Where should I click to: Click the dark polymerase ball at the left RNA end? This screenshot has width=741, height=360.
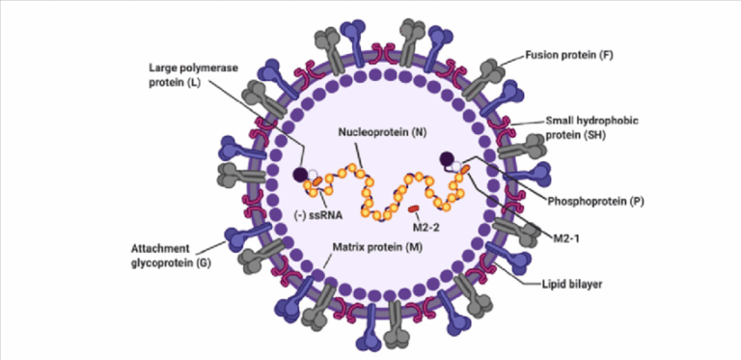coord(299,174)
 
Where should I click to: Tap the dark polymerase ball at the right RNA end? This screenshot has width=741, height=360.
coord(446,159)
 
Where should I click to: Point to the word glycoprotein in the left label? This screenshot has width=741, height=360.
coord(167,261)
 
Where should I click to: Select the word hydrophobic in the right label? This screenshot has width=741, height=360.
coord(591,122)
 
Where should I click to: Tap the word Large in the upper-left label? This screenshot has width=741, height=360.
coord(165,69)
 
